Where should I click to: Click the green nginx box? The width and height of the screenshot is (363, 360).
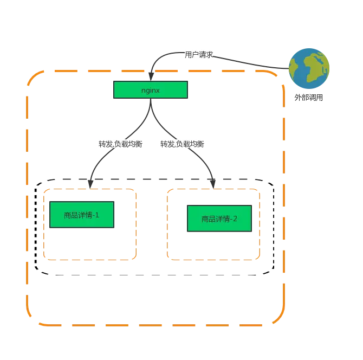[x=151, y=89]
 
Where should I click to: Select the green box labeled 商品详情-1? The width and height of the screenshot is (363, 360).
[x=82, y=215]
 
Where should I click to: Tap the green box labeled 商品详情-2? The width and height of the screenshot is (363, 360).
[x=219, y=218]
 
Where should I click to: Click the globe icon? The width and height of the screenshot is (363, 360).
[x=309, y=68]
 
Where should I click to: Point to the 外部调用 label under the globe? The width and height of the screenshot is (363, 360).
[x=309, y=98]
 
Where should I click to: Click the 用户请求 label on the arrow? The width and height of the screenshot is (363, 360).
[x=199, y=55]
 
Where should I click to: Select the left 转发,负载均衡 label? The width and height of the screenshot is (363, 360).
[x=120, y=144]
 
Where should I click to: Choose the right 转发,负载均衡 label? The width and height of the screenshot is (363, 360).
[x=182, y=144]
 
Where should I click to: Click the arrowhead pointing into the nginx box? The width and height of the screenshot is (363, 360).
[x=151, y=76]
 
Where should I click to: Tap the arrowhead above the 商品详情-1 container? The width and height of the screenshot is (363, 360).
[x=90, y=184]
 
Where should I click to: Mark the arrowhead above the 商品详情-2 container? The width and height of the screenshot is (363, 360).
[x=213, y=184]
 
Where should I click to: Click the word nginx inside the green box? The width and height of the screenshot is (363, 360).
[x=151, y=91]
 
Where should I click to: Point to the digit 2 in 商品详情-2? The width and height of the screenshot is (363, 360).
[x=235, y=218]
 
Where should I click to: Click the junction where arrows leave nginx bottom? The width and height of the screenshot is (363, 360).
[x=151, y=99]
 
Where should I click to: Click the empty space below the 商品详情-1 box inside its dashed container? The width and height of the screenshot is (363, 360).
[x=90, y=243]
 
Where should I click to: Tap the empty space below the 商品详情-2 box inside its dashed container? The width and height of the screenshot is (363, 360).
[x=213, y=245]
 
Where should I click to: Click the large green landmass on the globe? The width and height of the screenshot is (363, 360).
[x=315, y=67]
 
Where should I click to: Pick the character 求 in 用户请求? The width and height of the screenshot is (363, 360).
[x=210, y=55]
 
